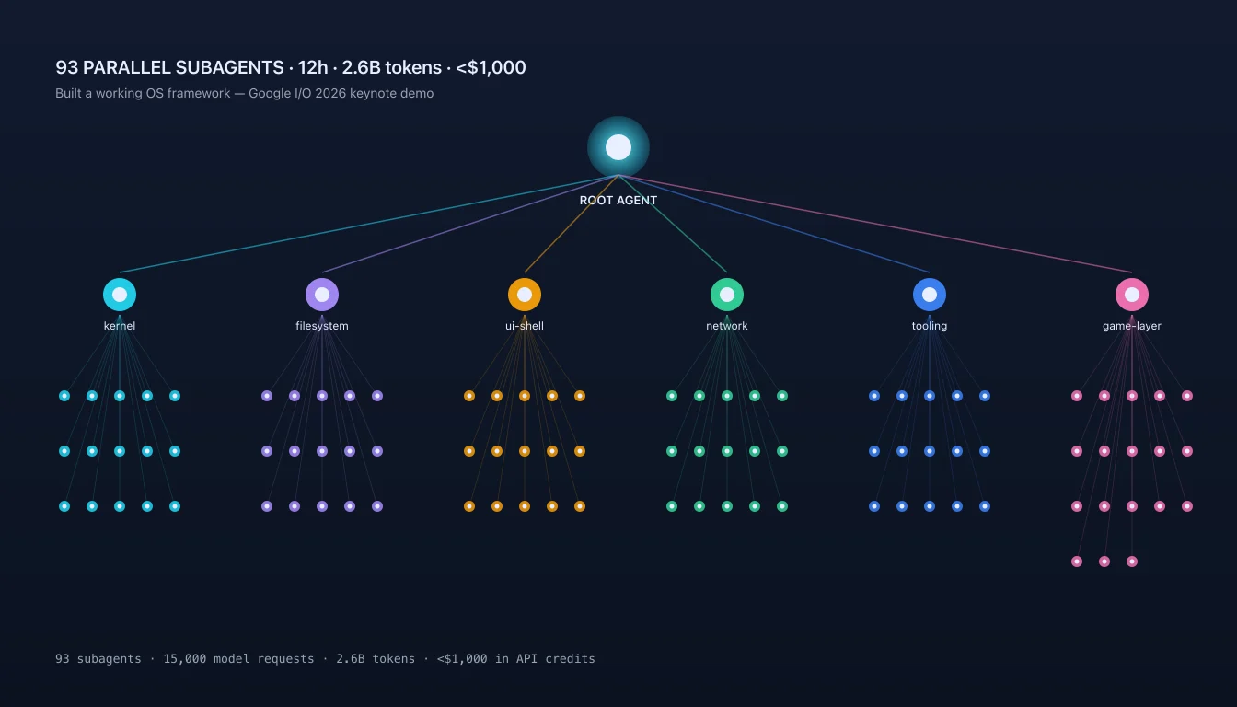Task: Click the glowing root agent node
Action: click(x=618, y=147)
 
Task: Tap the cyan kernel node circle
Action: click(x=120, y=295)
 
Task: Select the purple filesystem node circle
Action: click(x=322, y=295)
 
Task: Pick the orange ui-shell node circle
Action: click(x=525, y=295)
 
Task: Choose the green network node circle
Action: click(x=727, y=295)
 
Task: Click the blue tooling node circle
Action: click(x=930, y=295)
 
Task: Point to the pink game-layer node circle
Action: click(x=1132, y=295)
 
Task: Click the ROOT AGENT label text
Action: click(x=618, y=201)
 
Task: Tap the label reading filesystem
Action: click(x=322, y=326)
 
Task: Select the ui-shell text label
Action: click(x=525, y=326)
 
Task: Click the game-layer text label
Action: click(x=1132, y=326)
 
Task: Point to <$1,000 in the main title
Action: click(x=491, y=67)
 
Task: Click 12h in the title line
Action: click(x=313, y=67)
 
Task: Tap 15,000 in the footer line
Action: click(x=184, y=659)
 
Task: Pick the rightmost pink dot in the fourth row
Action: click(x=1132, y=562)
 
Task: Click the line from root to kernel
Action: click(x=369, y=224)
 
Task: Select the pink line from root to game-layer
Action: click(x=875, y=224)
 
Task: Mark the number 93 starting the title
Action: click(x=67, y=67)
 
